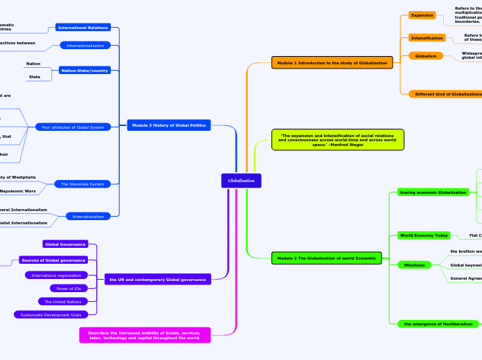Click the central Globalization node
click(241, 181)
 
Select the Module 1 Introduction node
click(332, 63)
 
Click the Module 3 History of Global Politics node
click(168, 125)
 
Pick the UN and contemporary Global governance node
click(157, 299)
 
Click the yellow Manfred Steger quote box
click(337, 139)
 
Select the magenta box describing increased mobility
click(145, 335)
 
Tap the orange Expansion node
click(422, 15)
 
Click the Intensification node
click(427, 38)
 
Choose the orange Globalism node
click(425, 56)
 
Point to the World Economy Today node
click(424, 235)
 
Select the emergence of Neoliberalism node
click(438, 324)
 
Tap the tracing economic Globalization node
click(433, 192)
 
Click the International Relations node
click(82, 28)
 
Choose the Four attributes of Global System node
click(72, 127)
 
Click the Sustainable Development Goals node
click(51, 314)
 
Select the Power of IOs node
click(69, 289)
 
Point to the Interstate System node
click(82, 184)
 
